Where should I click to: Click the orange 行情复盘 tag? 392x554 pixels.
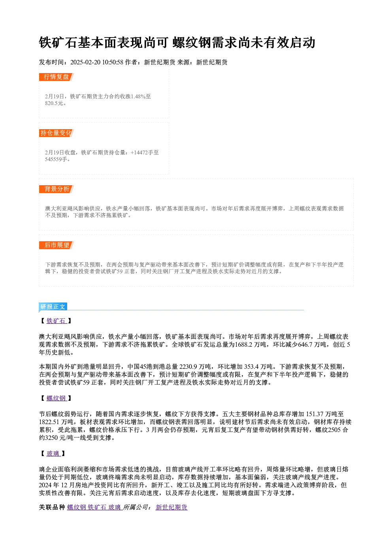57,77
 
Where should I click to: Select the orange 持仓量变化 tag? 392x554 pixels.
57,133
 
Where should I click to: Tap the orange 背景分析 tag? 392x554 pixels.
57,189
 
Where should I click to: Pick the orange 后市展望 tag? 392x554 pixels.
57,245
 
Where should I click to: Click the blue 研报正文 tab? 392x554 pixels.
53,307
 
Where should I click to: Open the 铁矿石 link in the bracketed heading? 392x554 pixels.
57,321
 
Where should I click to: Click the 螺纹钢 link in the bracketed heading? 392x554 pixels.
57,398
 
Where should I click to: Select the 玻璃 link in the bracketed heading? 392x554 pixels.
53,453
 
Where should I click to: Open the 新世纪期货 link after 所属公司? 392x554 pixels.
171,507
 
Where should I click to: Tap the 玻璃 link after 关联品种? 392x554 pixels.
115,507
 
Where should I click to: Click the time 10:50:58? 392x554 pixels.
113,62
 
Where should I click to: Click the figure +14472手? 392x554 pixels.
142,152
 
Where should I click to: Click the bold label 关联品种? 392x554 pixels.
52,507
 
